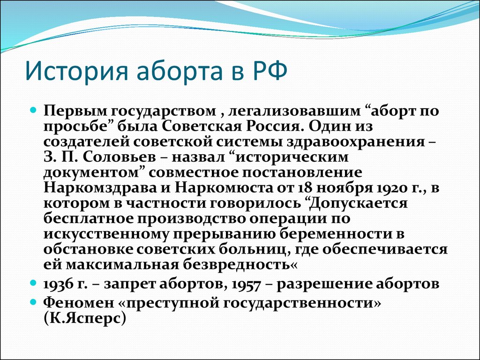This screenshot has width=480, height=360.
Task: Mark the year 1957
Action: tap(247, 285)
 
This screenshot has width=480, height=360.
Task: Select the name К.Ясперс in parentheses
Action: tap(84, 319)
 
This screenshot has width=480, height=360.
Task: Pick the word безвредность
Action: tap(240, 264)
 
